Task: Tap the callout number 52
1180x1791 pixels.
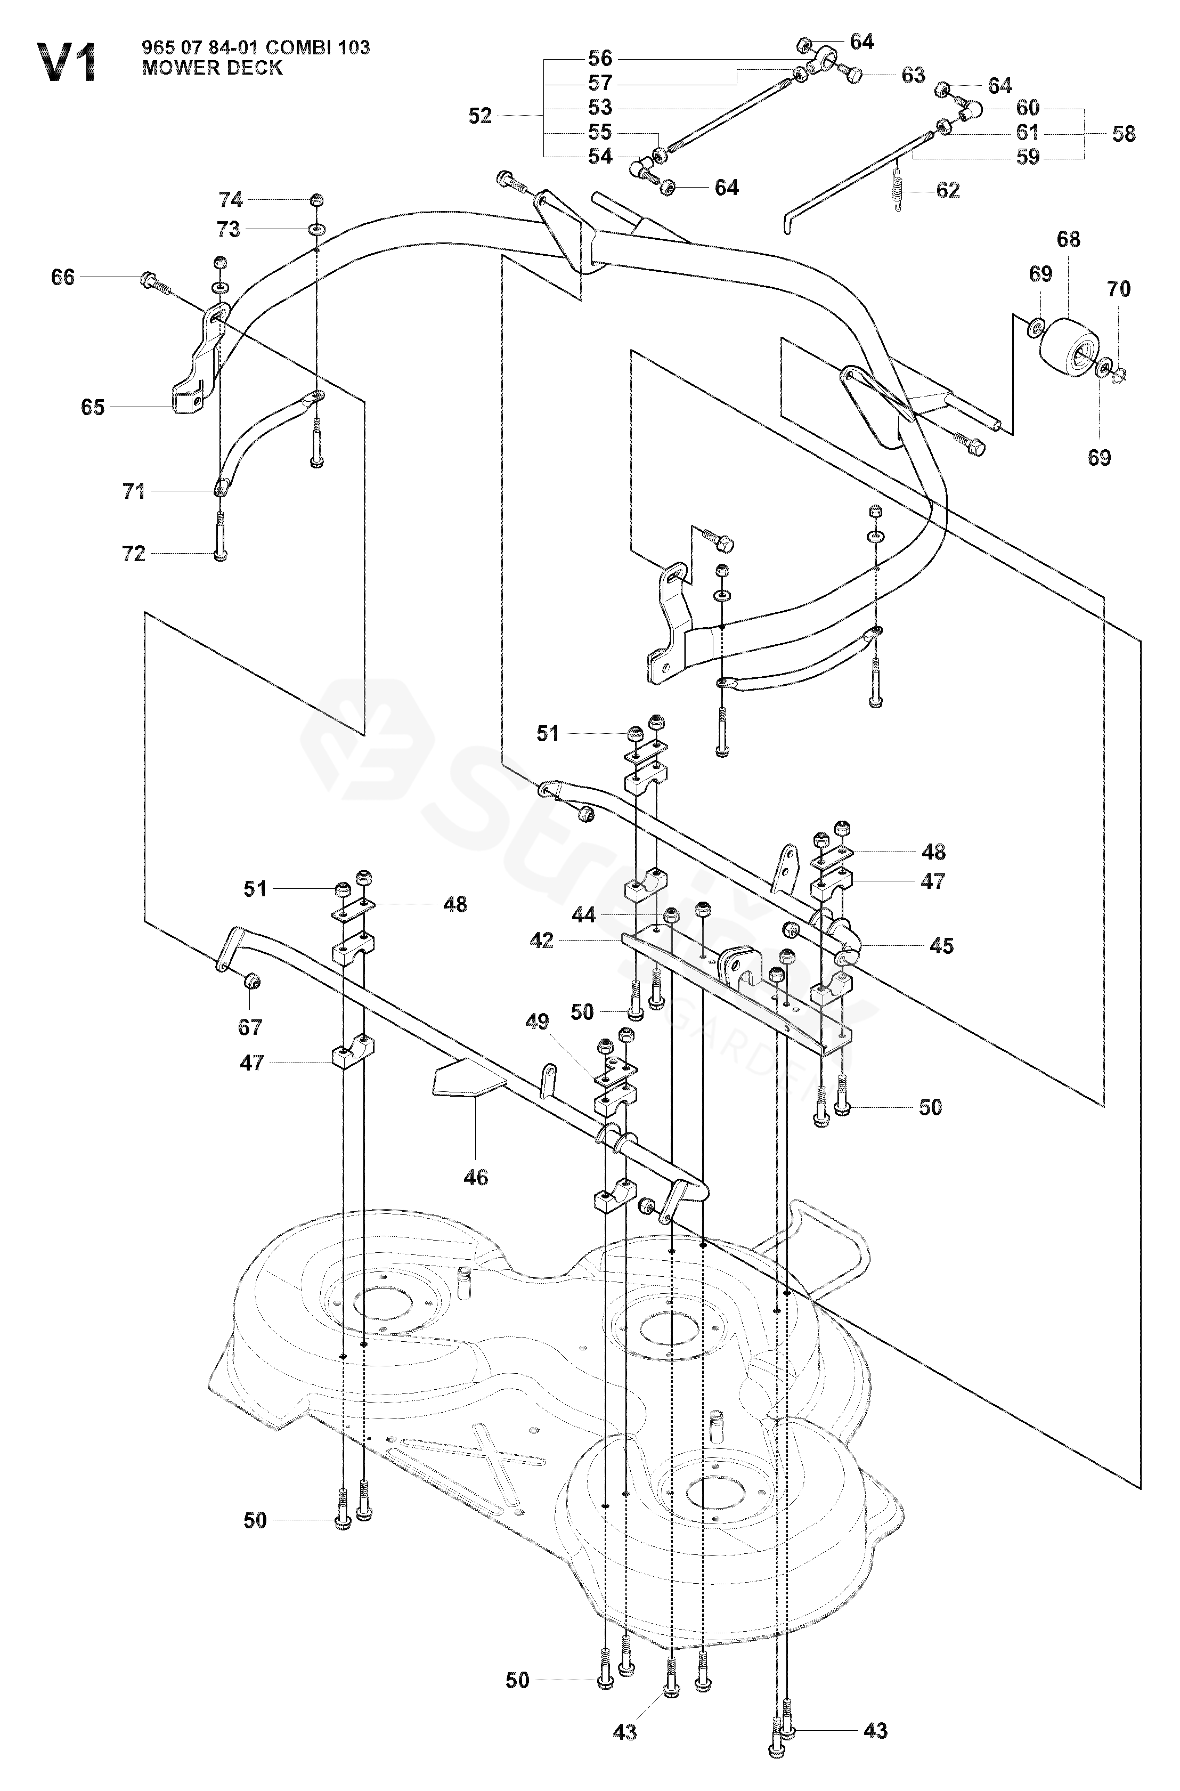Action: coord(479,116)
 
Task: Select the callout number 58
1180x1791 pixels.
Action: coord(1124,134)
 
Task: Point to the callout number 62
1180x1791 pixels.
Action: coord(947,190)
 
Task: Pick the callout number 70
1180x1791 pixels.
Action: coord(1118,289)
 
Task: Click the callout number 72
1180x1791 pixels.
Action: coord(133,554)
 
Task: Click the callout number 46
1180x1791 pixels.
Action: coord(476,1178)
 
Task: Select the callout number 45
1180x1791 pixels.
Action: coord(941,946)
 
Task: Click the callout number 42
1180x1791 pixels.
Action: coord(542,941)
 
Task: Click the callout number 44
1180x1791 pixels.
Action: coord(583,915)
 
